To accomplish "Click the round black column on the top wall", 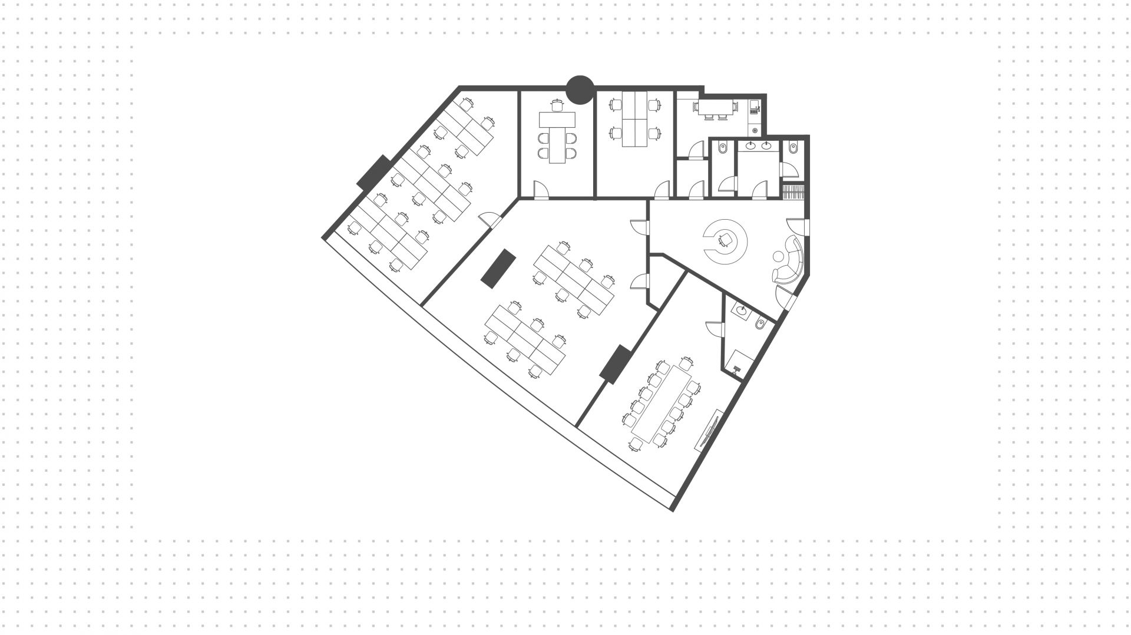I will pos(580,90).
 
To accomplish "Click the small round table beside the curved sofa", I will pos(778,256).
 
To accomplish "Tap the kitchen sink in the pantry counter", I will pos(754,108).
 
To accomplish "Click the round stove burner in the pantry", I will pos(755,129).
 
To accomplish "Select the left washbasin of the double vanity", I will pos(752,145).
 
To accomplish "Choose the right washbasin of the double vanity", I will pos(766,145).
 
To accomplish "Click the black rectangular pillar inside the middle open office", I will pos(498,268).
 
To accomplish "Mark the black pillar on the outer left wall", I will pos(373,171).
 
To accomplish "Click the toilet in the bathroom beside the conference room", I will pos(760,323).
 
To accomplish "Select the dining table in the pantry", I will pos(715,107).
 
